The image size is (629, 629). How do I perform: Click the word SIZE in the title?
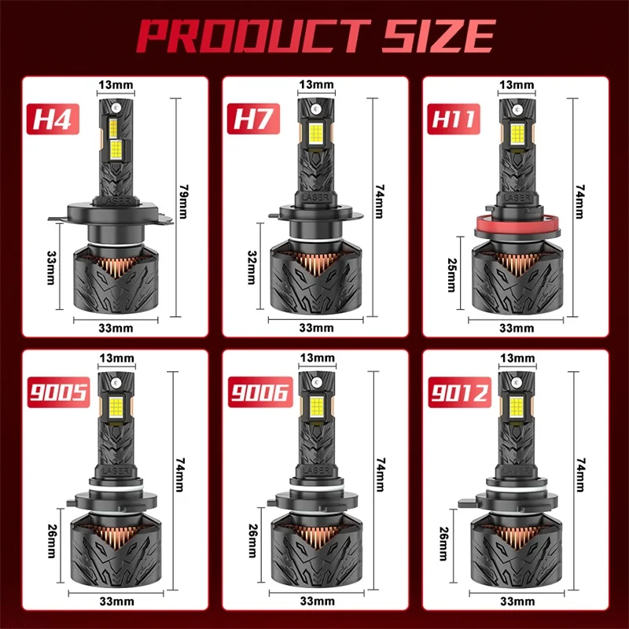439,36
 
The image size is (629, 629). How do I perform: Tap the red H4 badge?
53,120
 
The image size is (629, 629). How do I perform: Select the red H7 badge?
253,120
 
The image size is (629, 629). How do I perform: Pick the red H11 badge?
454,120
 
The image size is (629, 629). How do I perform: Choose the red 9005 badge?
58,392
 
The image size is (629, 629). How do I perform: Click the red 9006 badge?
260,392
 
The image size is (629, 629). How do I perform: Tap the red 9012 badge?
460,392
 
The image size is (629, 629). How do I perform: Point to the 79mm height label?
183,202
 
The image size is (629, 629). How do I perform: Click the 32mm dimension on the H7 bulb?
252,267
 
